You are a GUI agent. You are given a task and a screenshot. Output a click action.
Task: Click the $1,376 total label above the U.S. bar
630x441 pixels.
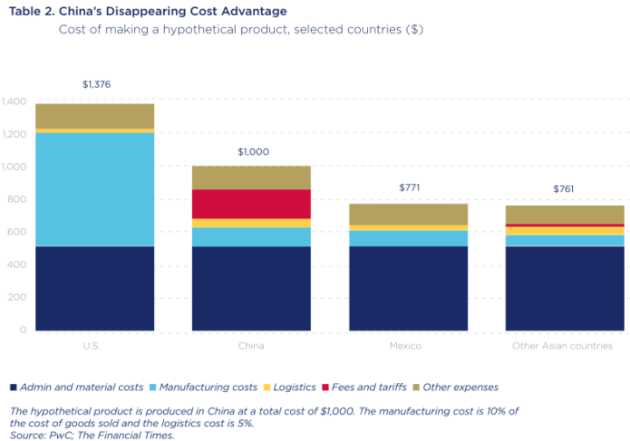(96, 85)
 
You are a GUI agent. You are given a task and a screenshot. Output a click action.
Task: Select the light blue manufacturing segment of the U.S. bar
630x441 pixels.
(96, 188)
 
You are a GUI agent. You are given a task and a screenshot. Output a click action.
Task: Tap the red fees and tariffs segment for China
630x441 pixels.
(251, 203)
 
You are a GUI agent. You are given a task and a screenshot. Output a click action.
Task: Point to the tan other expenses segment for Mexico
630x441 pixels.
(408, 214)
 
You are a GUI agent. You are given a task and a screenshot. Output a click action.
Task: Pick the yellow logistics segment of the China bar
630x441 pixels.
(251, 223)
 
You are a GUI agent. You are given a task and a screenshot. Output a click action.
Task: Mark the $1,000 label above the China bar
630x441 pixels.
(252, 152)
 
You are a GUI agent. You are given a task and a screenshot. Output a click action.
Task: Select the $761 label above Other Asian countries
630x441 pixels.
(565, 189)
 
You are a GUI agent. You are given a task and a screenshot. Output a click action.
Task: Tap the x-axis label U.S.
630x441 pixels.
(92, 346)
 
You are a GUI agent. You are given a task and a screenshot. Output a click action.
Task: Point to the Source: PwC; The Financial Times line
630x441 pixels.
(92, 434)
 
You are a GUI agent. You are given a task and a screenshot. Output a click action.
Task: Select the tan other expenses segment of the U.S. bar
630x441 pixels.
(96, 116)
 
